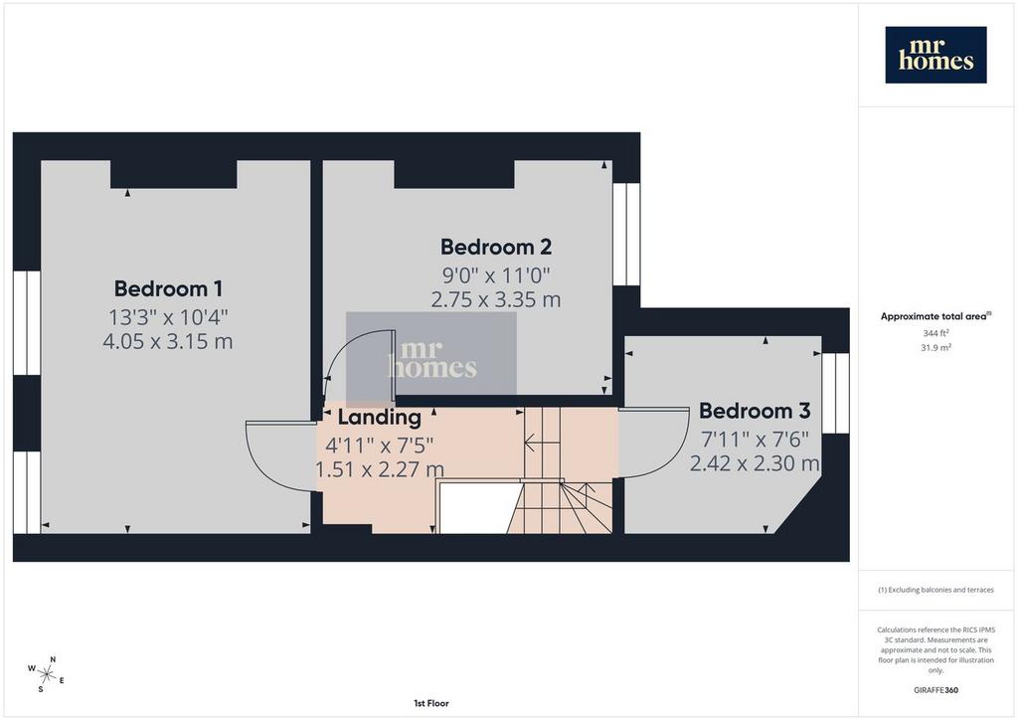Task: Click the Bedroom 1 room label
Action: click(168, 288)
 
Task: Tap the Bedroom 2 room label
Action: click(496, 247)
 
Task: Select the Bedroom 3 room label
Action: click(755, 411)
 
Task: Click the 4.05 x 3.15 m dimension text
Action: click(168, 341)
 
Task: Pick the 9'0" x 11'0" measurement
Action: click(496, 275)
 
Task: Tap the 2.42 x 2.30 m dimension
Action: click(755, 463)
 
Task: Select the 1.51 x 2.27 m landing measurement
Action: click(380, 468)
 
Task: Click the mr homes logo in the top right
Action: click(935, 55)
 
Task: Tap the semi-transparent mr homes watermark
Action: click(431, 360)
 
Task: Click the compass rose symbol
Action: click(46, 674)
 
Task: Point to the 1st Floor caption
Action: click(431, 703)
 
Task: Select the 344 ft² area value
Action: click(935, 333)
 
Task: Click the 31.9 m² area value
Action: click(935, 347)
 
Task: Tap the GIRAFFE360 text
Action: click(935, 690)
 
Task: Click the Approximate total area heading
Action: click(935, 317)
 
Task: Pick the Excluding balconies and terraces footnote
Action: click(935, 590)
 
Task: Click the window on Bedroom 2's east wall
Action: click(626, 235)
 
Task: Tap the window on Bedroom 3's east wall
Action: click(835, 394)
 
